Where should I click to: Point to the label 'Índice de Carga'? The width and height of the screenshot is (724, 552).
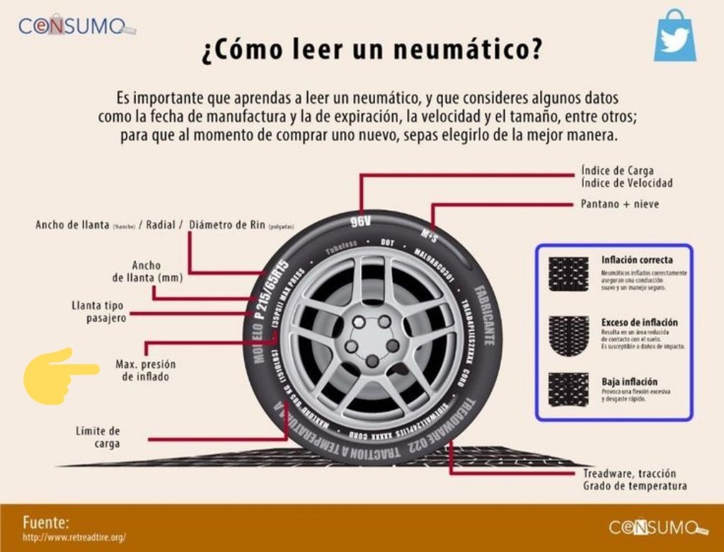click(x=616, y=171)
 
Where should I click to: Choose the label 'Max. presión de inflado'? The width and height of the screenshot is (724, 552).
click(x=145, y=371)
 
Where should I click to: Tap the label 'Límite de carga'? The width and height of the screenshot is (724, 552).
click(x=98, y=437)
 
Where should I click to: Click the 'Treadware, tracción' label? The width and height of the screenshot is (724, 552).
click(x=629, y=473)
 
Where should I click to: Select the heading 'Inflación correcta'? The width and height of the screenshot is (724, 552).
click(x=637, y=260)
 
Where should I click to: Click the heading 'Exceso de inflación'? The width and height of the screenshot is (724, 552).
click(x=640, y=322)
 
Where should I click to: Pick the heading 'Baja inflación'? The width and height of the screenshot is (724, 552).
click(x=629, y=381)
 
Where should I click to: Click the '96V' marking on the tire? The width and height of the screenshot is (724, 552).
click(x=360, y=222)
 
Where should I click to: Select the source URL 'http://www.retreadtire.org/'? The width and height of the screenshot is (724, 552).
click(x=74, y=538)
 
